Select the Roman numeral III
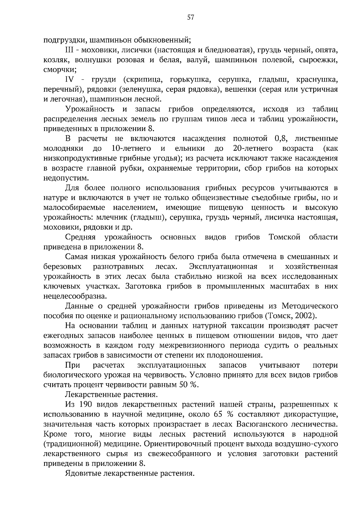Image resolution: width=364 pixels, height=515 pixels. point(70,50)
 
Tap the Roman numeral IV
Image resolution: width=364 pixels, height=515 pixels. point(70,79)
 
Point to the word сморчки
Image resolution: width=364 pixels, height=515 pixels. point(60,69)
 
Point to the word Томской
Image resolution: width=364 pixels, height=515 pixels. point(284,237)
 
